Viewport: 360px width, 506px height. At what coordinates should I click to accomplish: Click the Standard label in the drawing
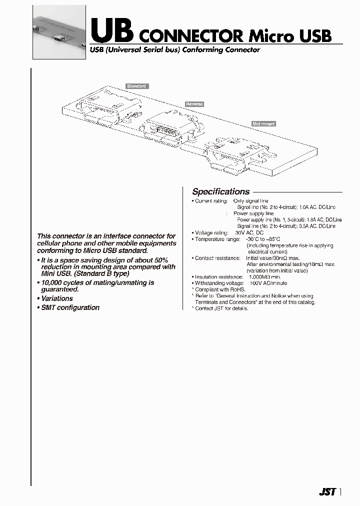(x=136, y=86)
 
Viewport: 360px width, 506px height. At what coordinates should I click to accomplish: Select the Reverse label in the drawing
(x=194, y=104)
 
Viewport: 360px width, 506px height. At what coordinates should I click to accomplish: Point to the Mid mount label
(x=263, y=123)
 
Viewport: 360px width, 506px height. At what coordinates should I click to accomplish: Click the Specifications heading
(x=220, y=191)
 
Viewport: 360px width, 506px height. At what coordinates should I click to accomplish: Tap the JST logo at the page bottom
(x=327, y=492)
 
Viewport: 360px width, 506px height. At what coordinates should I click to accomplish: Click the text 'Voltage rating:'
(x=211, y=233)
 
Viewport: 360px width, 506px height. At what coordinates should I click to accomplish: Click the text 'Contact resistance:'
(x=217, y=258)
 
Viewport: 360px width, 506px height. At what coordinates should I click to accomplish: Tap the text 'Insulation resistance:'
(x=219, y=276)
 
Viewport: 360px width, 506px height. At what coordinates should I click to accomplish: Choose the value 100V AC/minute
(x=268, y=283)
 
